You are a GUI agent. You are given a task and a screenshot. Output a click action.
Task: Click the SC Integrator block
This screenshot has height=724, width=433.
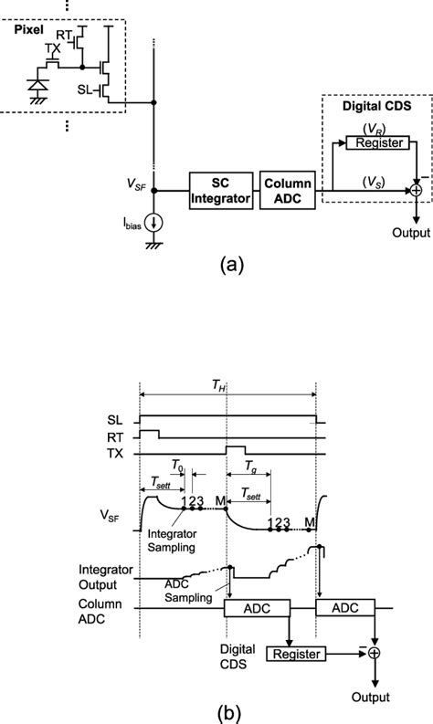click(221, 191)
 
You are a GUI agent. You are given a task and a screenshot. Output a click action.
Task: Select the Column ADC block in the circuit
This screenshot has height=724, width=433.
click(288, 191)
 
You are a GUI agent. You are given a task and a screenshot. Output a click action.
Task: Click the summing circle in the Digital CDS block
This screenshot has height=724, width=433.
click(417, 190)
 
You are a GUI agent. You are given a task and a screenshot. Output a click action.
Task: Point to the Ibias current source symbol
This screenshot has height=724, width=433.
click(153, 222)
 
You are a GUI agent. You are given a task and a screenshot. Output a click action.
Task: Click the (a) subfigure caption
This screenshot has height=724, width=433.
click(229, 266)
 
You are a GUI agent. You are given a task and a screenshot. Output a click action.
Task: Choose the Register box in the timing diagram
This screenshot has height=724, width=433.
click(297, 653)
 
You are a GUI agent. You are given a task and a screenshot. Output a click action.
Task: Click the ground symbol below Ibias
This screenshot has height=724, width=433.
click(153, 245)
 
